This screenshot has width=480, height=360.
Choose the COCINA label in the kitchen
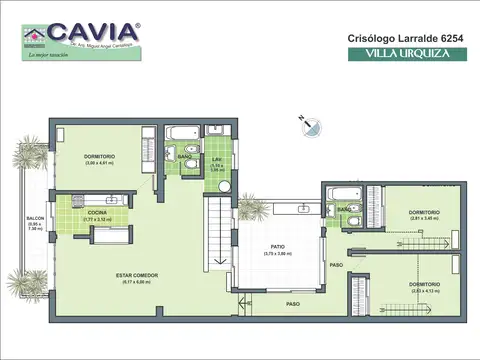coord(96,213)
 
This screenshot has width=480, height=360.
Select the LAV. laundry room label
coord(216,159)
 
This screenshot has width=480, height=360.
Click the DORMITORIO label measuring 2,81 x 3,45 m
coord(425,213)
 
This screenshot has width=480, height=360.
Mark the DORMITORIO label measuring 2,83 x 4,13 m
coord(424,284)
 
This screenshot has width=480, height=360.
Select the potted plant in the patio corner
coord(251,207)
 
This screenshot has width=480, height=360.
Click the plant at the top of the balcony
coord(29,155)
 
